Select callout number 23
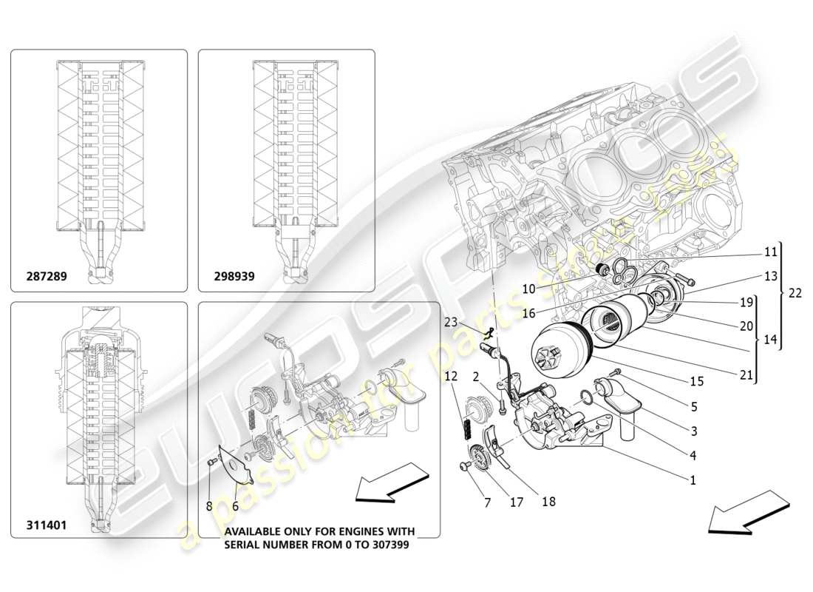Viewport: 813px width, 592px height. point(451,322)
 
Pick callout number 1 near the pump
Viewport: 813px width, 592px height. point(693,480)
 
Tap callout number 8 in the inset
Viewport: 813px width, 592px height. point(210,507)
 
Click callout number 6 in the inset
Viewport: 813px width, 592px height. point(235,507)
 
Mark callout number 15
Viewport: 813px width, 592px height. point(697,381)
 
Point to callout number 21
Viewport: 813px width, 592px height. point(746,375)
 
